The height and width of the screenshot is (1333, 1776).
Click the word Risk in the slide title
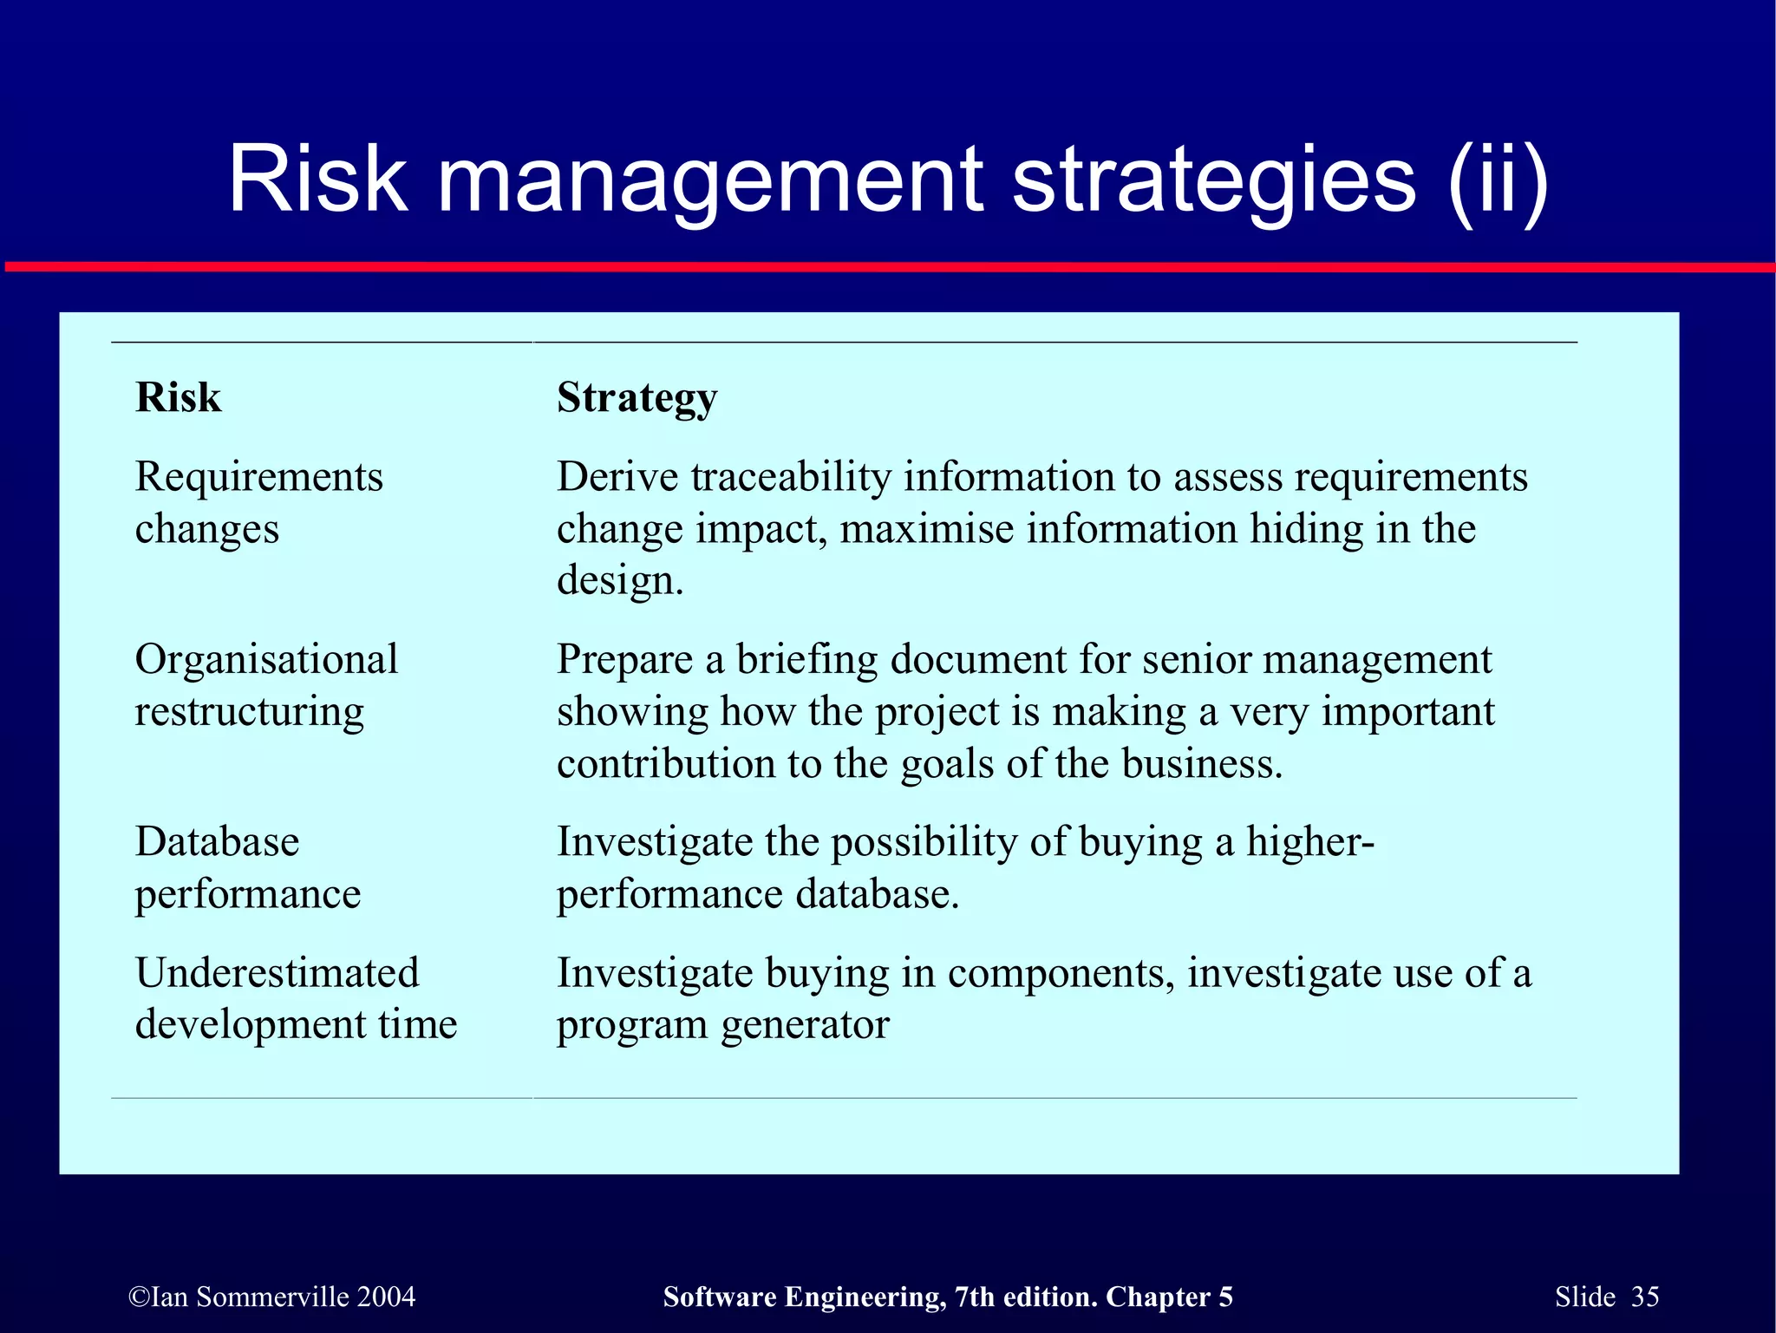[x=317, y=179]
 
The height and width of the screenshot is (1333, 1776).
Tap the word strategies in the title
[x=1214, y=179]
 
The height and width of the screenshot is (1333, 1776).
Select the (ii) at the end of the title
[x=1498, y=179]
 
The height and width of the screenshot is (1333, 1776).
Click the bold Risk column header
[x=179, y=397]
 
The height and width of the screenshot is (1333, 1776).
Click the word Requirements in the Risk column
[x=259, y=478]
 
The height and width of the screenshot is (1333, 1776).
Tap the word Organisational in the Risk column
[x=267, y=659]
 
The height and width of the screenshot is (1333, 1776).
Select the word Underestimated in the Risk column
[x=277, y=972]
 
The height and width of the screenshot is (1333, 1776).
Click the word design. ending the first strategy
[x=620, y=581]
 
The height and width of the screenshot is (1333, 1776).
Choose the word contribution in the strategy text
[x=666, y=764]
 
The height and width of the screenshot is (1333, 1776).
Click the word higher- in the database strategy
[x=1310, y=842]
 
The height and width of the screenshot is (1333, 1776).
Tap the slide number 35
[x=1644, y=1297]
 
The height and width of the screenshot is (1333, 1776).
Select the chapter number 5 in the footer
[x=1224, y=1297]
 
